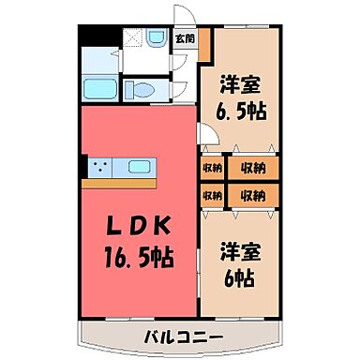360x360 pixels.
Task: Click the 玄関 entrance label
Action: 185,39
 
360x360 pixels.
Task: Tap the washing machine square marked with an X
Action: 133,39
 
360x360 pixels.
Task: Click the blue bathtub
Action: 98,89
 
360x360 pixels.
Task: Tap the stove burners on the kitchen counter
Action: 99,168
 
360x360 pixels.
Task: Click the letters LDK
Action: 140,228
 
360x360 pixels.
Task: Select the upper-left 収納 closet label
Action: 211,169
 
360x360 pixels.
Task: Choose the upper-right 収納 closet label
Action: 250,169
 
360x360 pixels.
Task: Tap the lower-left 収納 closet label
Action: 211,196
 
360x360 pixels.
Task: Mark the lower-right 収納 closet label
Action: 250,196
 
